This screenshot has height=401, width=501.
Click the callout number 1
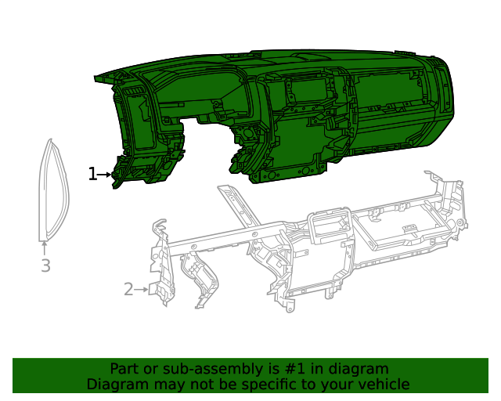92,174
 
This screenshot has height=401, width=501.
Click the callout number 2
128,289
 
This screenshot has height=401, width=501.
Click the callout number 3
45,266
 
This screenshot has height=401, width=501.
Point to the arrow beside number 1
105,175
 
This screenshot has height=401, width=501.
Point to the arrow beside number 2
141,289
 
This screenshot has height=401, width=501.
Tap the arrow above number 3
45,247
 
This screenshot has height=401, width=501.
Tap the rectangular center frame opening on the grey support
330,226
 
